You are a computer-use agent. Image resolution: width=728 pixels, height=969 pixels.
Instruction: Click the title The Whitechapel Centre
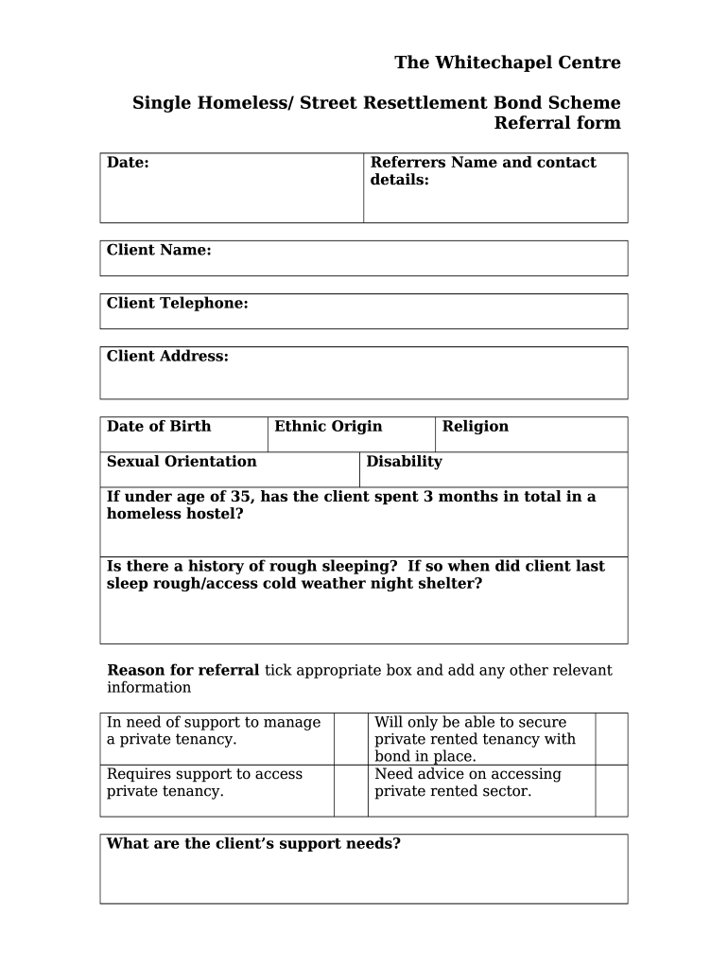(507, 62)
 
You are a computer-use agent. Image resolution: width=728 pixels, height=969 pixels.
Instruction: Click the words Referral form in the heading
(558, 123)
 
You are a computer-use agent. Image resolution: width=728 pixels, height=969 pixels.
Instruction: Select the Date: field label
(128, 163)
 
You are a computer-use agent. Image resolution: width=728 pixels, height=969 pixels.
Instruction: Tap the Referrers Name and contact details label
(482, 171)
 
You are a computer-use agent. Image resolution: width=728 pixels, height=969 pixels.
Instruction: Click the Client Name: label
(159, 250)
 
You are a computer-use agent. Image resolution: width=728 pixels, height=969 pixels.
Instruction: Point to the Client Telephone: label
(177, 303)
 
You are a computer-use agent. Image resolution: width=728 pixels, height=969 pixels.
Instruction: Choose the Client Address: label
(167, 356)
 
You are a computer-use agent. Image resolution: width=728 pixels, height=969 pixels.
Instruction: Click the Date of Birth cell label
(159, 426)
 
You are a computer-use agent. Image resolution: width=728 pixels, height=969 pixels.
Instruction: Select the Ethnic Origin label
(328, 426)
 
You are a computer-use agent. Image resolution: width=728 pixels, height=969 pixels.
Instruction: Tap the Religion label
(475, 426)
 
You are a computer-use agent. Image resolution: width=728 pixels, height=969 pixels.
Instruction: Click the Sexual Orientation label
(182, 461)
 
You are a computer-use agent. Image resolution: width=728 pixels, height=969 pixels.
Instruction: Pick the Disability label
(404, 461)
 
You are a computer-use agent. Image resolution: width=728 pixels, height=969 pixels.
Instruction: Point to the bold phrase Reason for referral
(182, 670)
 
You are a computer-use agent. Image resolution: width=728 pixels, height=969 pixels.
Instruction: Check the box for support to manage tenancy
(351, 738)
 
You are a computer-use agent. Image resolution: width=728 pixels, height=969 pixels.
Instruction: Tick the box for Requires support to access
(351, 790)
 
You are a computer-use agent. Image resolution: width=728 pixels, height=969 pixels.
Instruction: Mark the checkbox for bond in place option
(611, 738)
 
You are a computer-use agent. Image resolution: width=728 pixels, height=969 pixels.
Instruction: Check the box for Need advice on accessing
(611, 790)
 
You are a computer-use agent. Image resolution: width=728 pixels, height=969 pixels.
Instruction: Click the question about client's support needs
(253, 843)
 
